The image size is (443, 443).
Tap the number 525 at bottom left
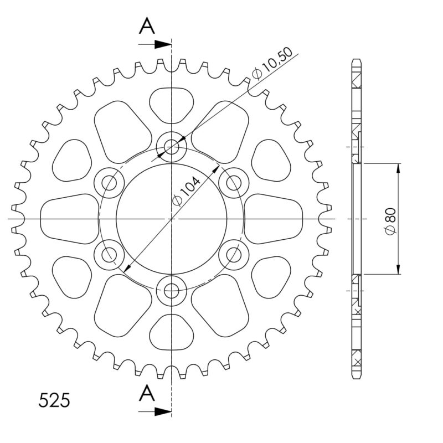point(54,400)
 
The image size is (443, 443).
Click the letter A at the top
point(146,25)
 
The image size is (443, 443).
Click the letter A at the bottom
point(146,393)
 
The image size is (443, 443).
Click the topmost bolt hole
point(172,147)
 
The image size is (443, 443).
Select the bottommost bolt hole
point(172,290)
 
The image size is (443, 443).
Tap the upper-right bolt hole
point(234,182)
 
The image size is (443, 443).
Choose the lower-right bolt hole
point(234,255)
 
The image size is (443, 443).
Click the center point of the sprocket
point(172,219)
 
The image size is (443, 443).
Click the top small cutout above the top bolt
point(172,104)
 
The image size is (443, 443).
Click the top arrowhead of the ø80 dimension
point(398,168)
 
